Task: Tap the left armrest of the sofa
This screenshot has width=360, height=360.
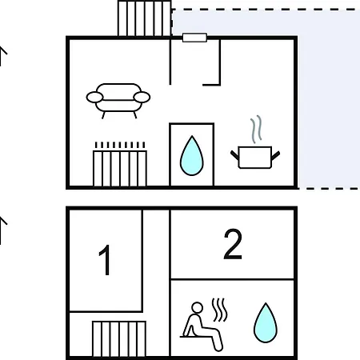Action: (x=94, y=98)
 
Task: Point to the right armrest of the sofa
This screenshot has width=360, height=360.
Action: (x=142, y=98)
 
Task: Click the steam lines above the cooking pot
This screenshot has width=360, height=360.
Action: (x=256, y=129)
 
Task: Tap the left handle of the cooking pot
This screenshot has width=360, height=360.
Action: (x=234, y=156)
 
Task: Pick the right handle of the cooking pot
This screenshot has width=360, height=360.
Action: (x=276, y=156)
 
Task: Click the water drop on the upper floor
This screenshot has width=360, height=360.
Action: (x=192, y=156)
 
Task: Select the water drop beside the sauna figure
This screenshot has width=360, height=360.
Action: (x=266, y=322)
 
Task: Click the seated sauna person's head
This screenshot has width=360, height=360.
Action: (x=197, y=308)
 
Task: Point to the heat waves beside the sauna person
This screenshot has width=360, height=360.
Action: (x=220, y=310)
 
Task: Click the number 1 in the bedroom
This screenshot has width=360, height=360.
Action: (x=105, y=260)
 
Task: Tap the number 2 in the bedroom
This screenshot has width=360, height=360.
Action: (x=233, y=244)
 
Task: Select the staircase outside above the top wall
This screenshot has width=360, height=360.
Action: (x=144, y=18)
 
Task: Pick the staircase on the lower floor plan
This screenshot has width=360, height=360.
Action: (x=119, y=338)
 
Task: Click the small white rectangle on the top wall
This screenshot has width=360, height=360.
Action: (x=194, y=38)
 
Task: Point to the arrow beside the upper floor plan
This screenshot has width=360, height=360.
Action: (x=2, y=56)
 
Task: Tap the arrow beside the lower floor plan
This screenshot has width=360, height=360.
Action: (x=2, y=230)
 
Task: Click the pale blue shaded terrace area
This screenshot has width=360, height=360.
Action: (x=329, y=98)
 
